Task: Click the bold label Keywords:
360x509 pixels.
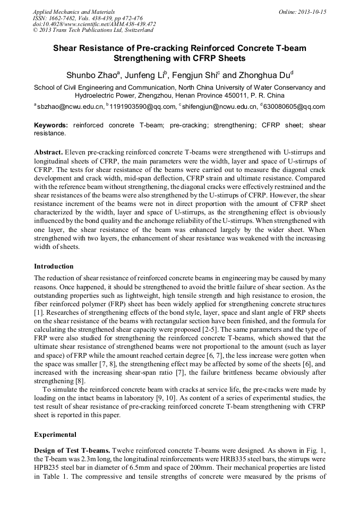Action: coord(52,125)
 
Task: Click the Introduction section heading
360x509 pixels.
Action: coord(54,266)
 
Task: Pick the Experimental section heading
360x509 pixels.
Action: coord(55,434)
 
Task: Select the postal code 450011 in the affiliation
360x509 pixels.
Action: coord(237,96)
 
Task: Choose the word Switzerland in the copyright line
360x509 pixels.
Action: coord(139,30)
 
